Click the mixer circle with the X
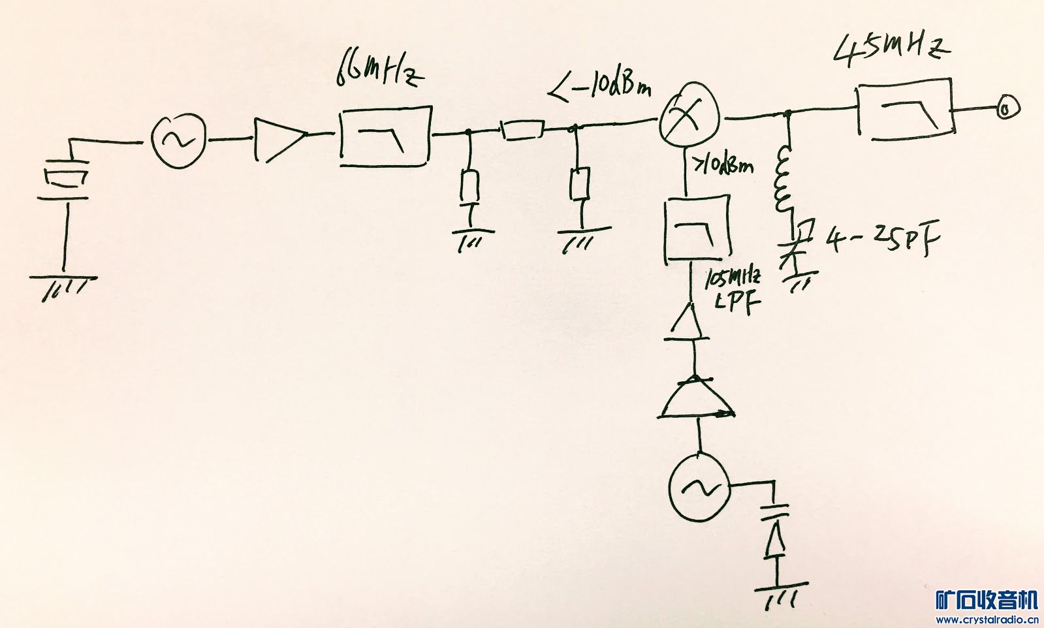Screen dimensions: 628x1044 pos(689,117)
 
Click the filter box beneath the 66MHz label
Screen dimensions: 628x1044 pos(385,137)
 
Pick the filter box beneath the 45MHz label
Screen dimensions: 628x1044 pos(905,110)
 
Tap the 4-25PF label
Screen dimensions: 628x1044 pos(883,242)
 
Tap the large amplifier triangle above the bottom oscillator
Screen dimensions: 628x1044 pos(697,398)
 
